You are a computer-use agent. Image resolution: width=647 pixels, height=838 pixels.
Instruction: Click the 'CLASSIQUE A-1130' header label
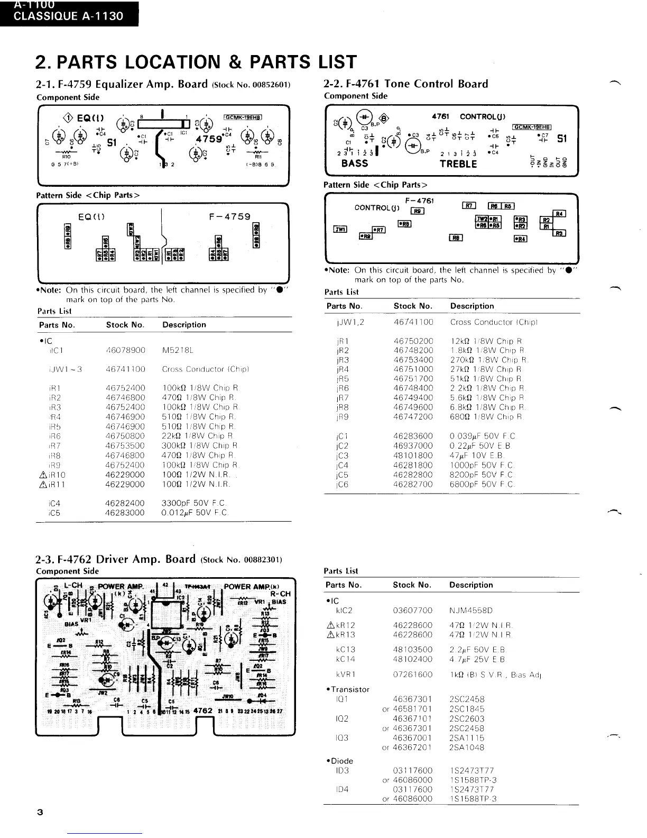click(68, 16)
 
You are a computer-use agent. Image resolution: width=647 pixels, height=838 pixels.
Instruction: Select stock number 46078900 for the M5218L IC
click(125, 350)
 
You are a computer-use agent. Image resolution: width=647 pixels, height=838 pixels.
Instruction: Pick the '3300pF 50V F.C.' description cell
click(193, 503)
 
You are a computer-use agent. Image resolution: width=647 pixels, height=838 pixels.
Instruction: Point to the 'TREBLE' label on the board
click(458, 164)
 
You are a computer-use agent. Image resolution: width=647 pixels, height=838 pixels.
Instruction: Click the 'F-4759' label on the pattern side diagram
click(229, 216)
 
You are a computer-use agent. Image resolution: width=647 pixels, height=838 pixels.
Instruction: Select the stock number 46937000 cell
click(413, 445)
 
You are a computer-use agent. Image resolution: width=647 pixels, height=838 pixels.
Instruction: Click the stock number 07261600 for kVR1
click(412, 675)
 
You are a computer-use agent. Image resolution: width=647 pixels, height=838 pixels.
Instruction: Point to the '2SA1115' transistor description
click(467, 737)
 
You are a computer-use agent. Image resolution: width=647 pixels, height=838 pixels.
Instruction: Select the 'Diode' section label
click(341, 761)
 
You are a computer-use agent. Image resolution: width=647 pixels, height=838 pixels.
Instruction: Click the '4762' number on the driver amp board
click(203, 711)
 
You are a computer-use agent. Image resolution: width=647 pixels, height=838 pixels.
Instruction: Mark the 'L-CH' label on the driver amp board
click(73, 586)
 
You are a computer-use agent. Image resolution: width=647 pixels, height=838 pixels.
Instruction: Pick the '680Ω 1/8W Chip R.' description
click(486, 417)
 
